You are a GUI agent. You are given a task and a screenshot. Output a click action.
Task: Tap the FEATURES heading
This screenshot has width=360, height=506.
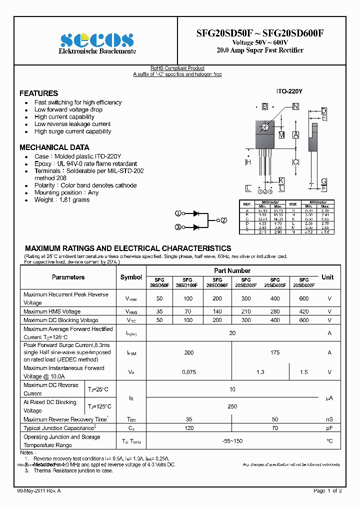coord(38,93)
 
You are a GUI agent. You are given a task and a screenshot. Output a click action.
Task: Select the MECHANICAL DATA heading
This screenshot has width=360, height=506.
coord(54,147)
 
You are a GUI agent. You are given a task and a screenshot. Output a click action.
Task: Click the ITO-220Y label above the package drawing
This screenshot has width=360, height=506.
coord(288,92)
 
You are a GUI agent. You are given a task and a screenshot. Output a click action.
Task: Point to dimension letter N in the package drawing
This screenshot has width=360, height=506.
coord(295,106)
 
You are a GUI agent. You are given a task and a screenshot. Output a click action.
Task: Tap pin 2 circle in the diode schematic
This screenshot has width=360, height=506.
coord(224,220)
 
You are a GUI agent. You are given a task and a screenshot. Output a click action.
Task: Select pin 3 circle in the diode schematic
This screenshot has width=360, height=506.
coord(177,227)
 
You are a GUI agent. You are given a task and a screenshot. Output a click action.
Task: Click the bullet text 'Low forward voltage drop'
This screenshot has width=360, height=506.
coord(68,109)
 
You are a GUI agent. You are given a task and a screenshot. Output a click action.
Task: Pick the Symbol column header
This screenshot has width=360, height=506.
coord(131,277)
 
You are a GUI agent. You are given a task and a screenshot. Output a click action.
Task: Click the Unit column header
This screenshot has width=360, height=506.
coord(327,277)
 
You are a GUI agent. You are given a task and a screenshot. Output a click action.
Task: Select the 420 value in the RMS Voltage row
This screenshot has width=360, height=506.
coord(303,311)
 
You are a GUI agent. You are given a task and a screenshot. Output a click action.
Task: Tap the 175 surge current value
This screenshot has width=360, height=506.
coord(274,352)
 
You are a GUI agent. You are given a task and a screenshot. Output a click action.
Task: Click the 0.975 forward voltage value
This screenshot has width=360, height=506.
coord(188,372)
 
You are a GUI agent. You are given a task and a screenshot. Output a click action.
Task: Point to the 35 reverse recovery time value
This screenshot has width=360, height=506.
coord(188,419)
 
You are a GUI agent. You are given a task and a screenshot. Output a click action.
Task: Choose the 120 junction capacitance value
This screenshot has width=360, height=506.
coord(188,428)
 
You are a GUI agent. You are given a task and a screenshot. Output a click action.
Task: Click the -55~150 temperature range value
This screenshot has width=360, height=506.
coord(232,441)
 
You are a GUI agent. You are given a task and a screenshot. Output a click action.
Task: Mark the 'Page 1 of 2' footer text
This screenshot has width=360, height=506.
coord(327,491)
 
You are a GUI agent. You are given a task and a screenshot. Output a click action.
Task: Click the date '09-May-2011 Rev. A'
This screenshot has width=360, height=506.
coord(39,491)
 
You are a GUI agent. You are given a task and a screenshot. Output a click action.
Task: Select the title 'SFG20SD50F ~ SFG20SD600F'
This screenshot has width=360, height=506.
coord(260,33)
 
